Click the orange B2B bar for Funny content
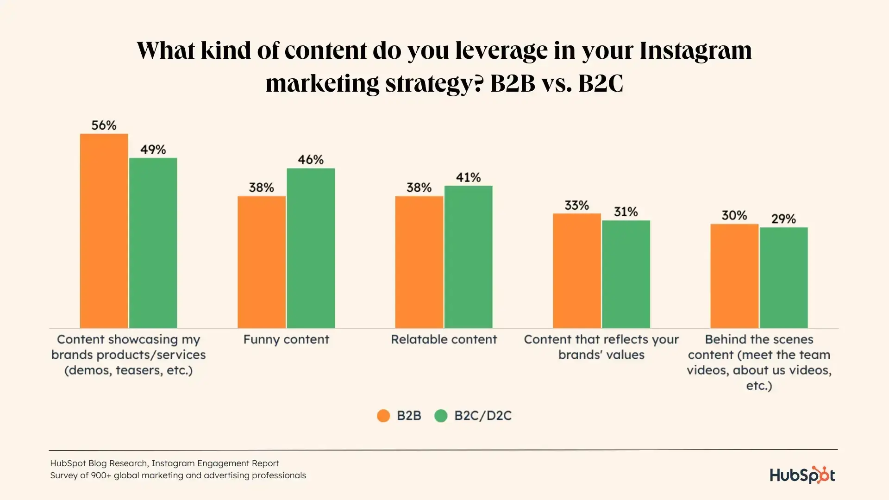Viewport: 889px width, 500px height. pyautogui.click(x=262, y=262)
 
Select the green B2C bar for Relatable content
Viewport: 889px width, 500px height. pyautogui.click(x=468, y=257)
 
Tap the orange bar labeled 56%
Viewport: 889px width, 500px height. pyautogui.click(x=104, y=231)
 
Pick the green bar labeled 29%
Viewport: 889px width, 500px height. pyautogui.click(x=783, y=278)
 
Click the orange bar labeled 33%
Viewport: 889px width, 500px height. pyautogui.click(x=576, y=271)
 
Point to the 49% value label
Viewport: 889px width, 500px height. pyautogui.click(x=153, y=150)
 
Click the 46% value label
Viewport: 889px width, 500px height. pyautogui.click(x=311, y=160)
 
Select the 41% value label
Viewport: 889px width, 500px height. pyautogui.click(x=468, y=177)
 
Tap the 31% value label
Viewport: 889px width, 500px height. pyautogui.click(x=626, y=212)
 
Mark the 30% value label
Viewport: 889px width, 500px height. pyautogui.click(x=734, y=215)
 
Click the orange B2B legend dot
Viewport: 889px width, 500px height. pyautogui.click(x=383, y=416)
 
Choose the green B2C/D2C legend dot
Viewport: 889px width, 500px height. pyautogui.click(x=441, y=416)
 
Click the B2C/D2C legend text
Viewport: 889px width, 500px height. pyautogui.click(x=483, y=416)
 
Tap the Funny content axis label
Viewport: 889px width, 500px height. pyautogui.click(x=286, y=339)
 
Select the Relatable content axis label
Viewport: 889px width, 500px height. pyautogui.click(x=444, y=339)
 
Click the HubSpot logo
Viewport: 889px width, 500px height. pyautogui.click(x=802, y=475)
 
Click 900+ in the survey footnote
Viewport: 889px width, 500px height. pyautogui.click(x=101, y=475)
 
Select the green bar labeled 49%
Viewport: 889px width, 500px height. pyautogui.click(x=153, y=243)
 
